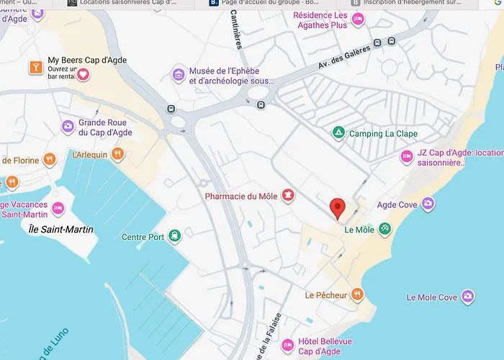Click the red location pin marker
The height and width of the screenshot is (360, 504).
(337, 208)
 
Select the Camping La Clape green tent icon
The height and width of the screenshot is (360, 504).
(338, 133)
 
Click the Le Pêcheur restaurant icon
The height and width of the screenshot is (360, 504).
(357, 294)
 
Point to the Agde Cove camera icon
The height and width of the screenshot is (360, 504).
(428, 204)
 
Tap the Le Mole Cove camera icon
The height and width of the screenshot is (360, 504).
(468, 297)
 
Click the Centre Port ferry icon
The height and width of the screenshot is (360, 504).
(175, 236)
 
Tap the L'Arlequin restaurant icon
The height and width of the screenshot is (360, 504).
(118, 154)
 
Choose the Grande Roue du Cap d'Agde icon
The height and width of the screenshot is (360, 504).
(68, 127)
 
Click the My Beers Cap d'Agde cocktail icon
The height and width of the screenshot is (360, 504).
(34, 68)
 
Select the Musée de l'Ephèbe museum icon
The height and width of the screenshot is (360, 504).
(179, 75)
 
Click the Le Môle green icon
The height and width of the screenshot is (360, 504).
(385, 229)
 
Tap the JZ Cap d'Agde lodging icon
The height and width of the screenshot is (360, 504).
(407, 156)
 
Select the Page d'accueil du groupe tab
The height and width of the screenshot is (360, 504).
(266, 3)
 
